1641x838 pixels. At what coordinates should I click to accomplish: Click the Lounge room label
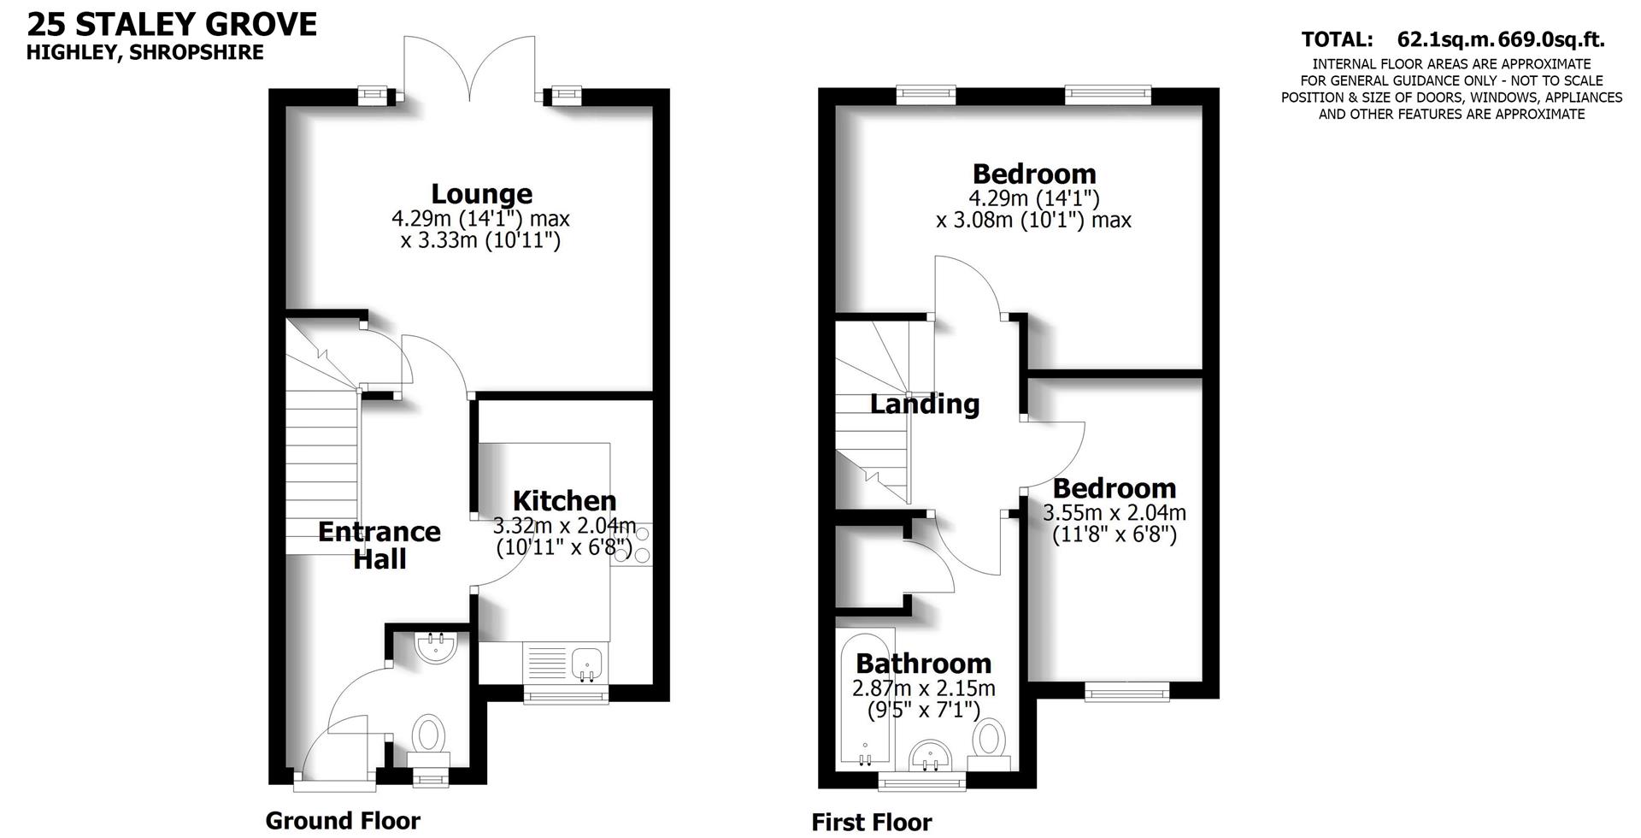click(x=481, y=194)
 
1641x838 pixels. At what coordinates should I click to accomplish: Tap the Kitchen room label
click(x=564, y=500)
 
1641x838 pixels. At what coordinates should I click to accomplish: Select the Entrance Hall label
click(x=379, y=545)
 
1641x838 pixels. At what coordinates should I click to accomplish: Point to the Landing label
click(x=924, y=404)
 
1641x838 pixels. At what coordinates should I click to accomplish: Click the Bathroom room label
click(x=923, y=664)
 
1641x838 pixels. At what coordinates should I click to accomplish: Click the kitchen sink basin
click(x=587, y=663)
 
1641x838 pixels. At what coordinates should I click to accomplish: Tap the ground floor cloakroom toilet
click(x=429, y=736)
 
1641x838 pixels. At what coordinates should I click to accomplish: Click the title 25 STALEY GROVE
click(x=172, y=23)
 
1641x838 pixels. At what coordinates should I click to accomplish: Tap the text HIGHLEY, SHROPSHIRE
click(x=144, y=52)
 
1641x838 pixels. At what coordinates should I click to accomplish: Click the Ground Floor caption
click(x=343, y=821)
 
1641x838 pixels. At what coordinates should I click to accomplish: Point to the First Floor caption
click(x=871, y=823)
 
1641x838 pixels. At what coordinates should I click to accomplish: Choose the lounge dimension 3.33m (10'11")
click(x=480, y=240)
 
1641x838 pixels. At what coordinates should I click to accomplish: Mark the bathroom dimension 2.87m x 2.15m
click(x=923, y=688)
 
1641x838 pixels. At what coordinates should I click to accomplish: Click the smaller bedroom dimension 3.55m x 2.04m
click(x=1114, y=513)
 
